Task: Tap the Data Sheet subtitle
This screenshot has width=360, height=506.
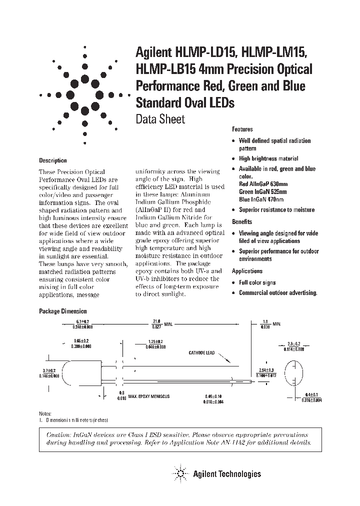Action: point(160,119)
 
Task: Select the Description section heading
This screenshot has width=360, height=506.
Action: point(53,160)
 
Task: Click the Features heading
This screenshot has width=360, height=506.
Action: point(242,129)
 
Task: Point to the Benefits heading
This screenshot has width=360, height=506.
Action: point(242,221)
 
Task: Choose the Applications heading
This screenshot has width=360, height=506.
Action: point(247,271)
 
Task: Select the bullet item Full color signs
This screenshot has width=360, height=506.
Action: point(257,282)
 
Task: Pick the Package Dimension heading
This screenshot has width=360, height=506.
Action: point(63,311)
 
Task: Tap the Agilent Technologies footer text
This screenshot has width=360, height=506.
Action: point(227,473)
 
